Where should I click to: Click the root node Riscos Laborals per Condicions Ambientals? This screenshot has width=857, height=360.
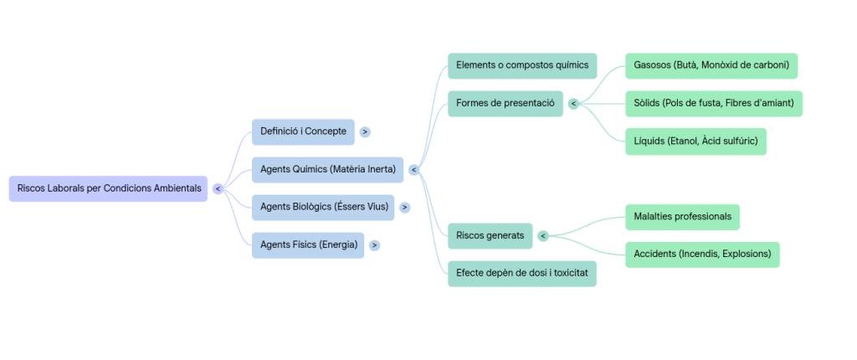point(108,188)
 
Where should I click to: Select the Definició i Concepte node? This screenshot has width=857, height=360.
point(303,131)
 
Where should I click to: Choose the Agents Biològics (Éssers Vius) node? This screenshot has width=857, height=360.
point(323,207)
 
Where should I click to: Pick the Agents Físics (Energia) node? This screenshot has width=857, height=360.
point(308,245)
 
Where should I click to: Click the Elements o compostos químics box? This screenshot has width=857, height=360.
point(521,65)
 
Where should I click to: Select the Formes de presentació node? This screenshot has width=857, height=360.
point(505,104)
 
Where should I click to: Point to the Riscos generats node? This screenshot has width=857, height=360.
point(490,236)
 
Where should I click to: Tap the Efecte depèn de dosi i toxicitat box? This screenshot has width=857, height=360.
point(521,274)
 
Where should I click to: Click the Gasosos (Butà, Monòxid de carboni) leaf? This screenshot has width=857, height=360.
point(711,65)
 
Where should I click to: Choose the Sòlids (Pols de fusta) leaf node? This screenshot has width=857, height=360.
point(713,104)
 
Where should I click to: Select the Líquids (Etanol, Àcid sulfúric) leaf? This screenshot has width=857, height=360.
point(695,141)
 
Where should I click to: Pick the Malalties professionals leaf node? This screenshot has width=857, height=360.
point(682,217)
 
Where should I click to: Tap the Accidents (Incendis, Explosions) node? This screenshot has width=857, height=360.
point(702,255)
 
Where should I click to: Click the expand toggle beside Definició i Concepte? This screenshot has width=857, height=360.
point(365,131)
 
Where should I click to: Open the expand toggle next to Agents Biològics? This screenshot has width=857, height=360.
point(404,207)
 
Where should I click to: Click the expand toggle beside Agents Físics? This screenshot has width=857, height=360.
point(374,245)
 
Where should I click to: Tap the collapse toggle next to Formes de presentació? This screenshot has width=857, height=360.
point(573,104)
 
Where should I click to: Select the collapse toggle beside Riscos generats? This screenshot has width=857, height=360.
point(542,236)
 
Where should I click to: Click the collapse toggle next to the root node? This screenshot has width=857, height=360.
point(218,188)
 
